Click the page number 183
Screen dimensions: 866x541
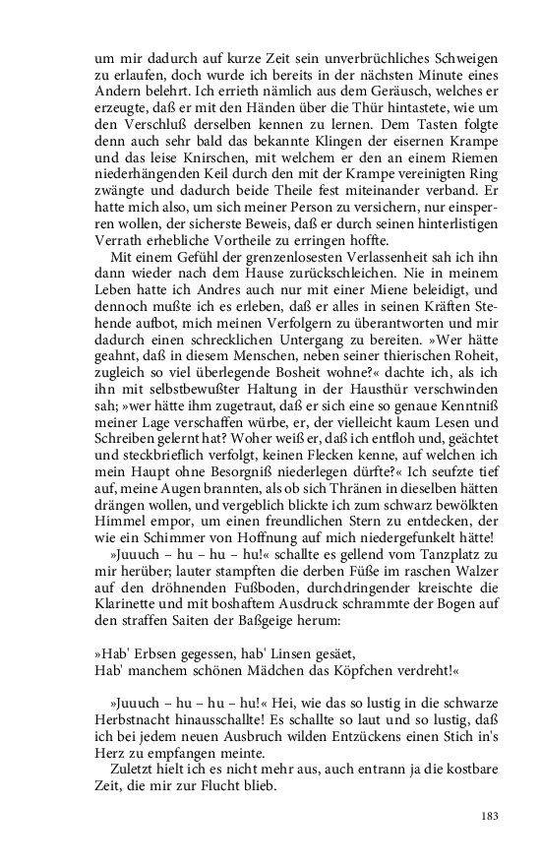[489, 816]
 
